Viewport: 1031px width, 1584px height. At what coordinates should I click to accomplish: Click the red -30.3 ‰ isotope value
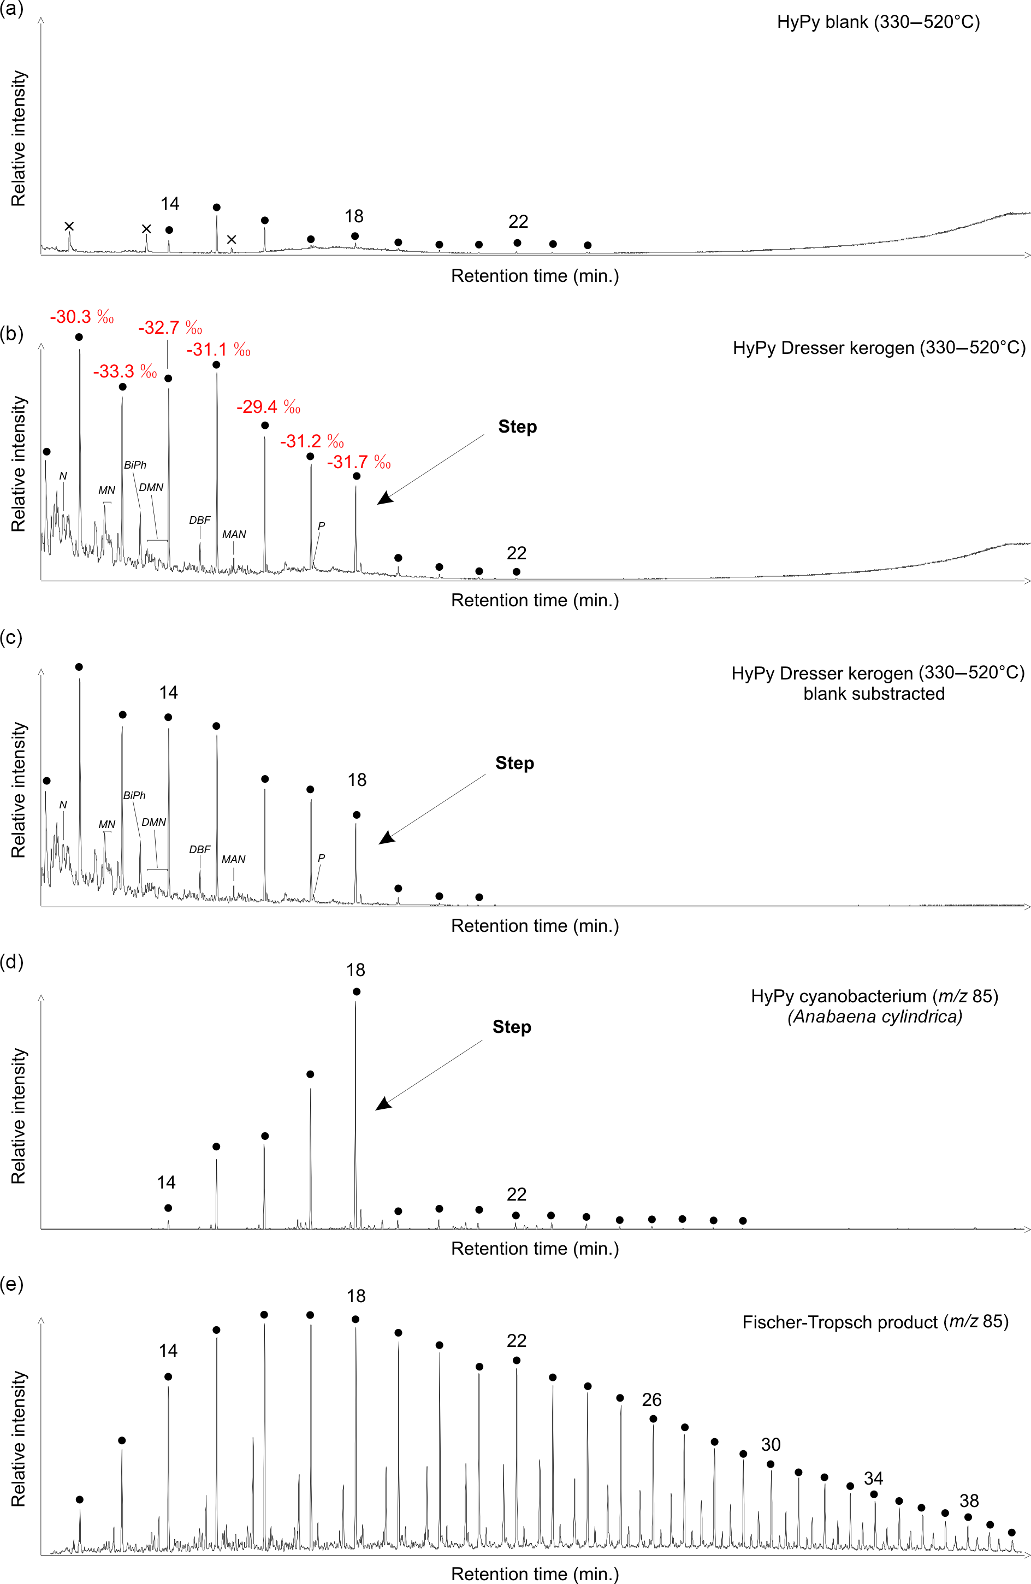point(81,317)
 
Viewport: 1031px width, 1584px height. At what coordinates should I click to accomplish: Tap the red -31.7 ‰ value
point(358,462)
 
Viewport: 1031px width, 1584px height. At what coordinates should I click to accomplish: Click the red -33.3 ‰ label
point(125,371)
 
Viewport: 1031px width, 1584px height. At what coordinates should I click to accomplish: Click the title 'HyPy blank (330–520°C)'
point(878,22)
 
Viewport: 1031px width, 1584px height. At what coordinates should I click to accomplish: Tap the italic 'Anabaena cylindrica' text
point(875,1016)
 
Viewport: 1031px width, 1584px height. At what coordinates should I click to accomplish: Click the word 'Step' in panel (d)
point(512,1027)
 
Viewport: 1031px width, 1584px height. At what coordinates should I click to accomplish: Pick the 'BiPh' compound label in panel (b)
point(135,465)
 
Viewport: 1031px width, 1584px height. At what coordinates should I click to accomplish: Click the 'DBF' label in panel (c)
point(200,849)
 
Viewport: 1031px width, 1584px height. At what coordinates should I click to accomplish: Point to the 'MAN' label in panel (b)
point(234,534)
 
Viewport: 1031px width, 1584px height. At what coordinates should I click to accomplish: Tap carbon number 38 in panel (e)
point(968,1501)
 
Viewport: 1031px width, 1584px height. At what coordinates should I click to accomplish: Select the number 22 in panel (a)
point(518,222)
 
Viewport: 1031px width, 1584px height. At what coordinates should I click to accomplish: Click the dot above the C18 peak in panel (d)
point(357,992)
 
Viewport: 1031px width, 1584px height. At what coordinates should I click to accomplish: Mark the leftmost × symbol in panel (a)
point(69,226)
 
